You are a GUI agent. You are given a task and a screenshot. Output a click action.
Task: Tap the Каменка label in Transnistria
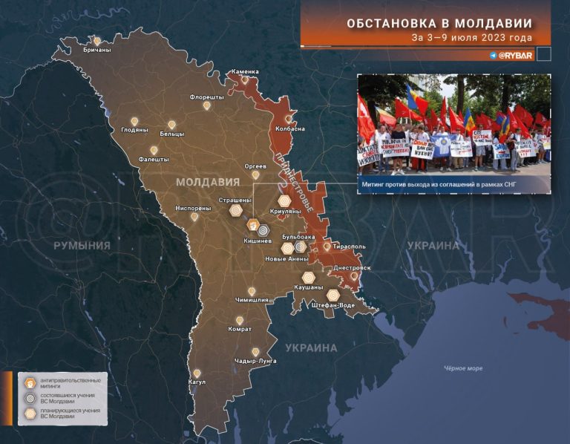click(x=245, y=72)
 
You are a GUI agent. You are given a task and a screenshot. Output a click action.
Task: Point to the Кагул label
click(x=197, y=382)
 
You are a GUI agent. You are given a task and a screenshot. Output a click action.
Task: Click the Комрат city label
click(x=239, y=329)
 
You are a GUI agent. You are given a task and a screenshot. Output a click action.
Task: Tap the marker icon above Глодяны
click(x=135, y=120)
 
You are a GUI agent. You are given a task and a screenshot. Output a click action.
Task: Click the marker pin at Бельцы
click(x=171, y=124)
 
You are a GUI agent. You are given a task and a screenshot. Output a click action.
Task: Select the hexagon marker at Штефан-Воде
click(x=332, y=295)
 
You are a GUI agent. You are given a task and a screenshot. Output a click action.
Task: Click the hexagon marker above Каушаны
click(x=308, y=277)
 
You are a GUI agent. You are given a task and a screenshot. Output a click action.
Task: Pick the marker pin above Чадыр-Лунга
click(x=255, y=352)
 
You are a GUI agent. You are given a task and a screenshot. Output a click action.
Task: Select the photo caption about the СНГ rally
click(x=453, y=183)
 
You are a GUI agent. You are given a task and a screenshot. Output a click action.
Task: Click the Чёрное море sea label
click(x=463, y=368)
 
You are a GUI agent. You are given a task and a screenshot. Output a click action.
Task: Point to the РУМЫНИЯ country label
click(x=82, y=246)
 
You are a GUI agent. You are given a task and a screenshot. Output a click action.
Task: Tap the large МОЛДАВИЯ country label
click(x=207, y=182)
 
